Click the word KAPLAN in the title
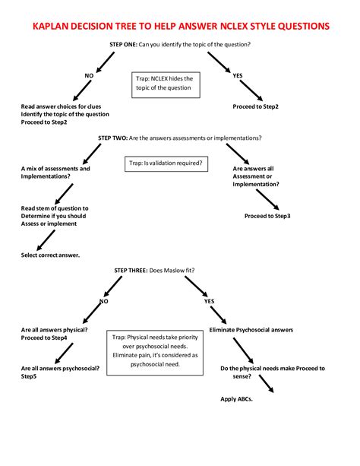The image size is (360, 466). point(55,26)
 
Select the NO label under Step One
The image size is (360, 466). point(89,74)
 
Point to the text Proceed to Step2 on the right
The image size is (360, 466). point(256,106)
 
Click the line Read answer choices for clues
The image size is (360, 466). point(60,106)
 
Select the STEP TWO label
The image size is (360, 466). point(115,138)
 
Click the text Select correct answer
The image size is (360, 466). point(50,255)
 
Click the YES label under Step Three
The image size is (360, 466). point(210,301)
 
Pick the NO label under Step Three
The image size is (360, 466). point(103,301)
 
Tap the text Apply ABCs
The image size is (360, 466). point(236,399)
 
